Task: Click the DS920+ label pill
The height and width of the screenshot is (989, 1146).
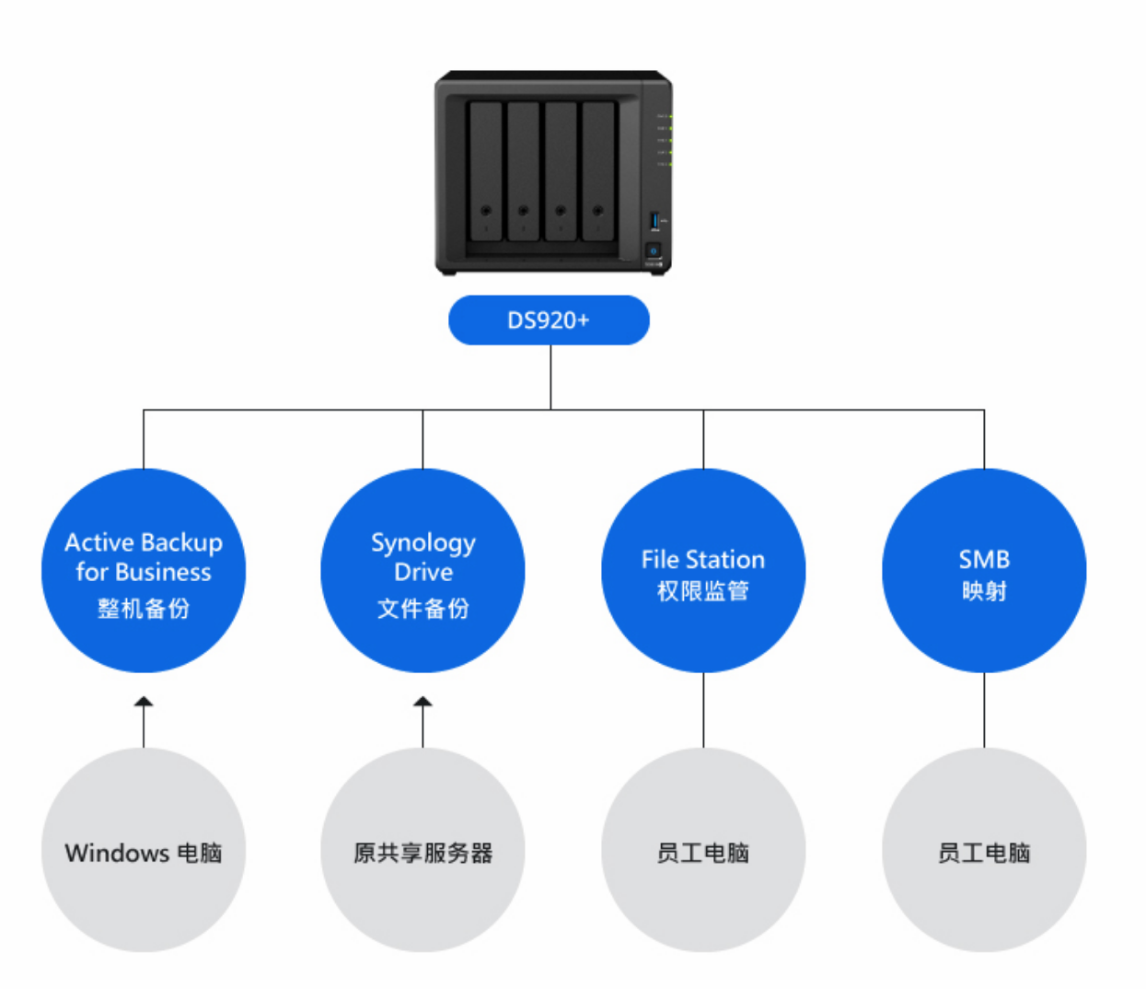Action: [x=549, y=320]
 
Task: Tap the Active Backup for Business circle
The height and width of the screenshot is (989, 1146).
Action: [x=144, y=570]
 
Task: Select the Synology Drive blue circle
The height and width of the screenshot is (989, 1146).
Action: [x=423, y=570]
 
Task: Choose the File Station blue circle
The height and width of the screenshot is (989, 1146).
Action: [x=703, y=570]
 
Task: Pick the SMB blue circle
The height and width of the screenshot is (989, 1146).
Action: [x=984, y=570]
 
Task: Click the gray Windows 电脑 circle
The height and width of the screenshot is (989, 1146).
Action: [x=144, y=850]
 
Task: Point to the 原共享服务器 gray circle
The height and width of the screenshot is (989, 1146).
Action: [x=423, y=850]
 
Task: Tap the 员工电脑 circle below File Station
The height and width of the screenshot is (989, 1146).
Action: [x=703, y=850]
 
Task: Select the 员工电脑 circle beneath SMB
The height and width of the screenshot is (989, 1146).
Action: [x=984, y=850]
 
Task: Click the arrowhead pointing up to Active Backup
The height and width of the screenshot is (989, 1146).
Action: [x=144, y=703]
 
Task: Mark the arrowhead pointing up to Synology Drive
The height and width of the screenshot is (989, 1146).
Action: [x=423, y=703]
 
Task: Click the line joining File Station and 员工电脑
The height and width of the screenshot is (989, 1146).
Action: [x=703, y=710]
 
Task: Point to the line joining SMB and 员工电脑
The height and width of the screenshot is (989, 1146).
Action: [x=984, y=710]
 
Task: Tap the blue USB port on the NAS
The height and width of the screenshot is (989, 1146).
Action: [x=654, y=220]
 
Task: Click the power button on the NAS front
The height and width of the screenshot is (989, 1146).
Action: [x=654, y=250]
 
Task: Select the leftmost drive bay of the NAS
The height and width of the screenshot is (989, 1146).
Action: [x=485, y=171]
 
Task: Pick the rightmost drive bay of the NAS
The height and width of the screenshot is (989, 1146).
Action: [x=597, y=171]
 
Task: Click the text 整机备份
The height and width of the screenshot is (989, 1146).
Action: [x=144, y=608]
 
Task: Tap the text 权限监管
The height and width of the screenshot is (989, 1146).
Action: [x=703, y=591]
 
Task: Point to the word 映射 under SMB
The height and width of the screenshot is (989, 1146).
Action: [x=984, y=591]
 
